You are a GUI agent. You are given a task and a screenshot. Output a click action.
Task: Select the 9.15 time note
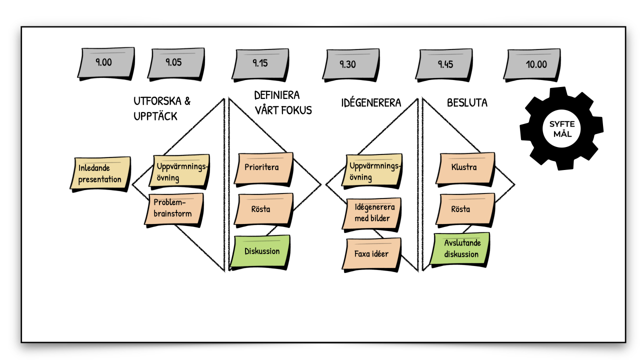point(260,64)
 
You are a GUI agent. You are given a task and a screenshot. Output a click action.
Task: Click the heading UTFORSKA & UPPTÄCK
point(162,108)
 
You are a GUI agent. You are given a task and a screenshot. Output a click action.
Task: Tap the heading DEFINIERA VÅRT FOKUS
point(283,102)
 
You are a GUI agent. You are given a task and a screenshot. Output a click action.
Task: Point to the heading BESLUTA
point(467,103)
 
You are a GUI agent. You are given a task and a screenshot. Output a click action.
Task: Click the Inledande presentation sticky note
point(100,173)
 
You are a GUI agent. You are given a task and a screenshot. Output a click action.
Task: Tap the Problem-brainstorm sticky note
point(172,207)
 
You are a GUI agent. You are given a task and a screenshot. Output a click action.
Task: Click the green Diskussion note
point(261,251)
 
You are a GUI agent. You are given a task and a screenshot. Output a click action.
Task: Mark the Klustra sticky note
point(464,167)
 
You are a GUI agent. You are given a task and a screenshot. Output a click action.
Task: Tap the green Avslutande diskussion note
point(460,248)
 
